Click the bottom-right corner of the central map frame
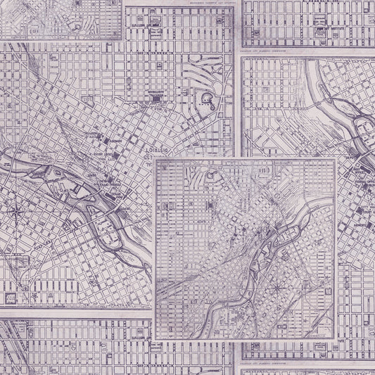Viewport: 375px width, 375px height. coord(336,338)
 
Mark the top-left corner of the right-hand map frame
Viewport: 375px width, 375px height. coord(241,58)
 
